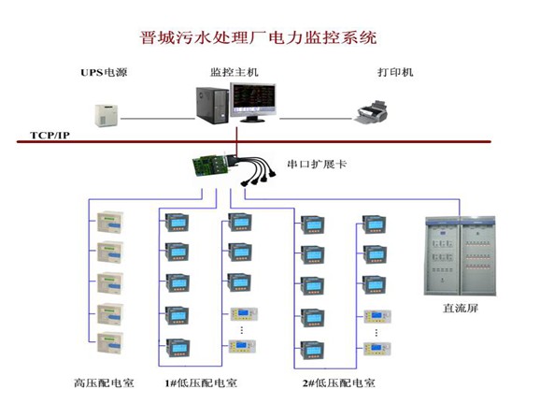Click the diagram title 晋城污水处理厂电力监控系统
pos(258,37)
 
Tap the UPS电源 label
pos(104,72)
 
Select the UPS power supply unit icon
pos(107,115)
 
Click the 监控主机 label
pos(234,72)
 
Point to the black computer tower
pos(212,106)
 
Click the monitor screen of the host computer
pos(254,99)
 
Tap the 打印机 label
pos(395,72)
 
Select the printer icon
pos(371,111)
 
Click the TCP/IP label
pos(50,135)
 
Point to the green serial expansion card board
pos(210,165)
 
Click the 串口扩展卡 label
pos(317,164)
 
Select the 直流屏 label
pos(461,308)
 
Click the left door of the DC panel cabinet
pos(443,256)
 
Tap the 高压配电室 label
pos(104,383)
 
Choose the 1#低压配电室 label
pos(201,383)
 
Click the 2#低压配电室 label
pos(338,383)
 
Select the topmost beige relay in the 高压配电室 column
pos(110,222)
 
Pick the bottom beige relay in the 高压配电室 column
pos(110,342)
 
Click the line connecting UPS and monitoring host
pos(158,119)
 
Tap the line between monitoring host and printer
pos(316,119)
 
